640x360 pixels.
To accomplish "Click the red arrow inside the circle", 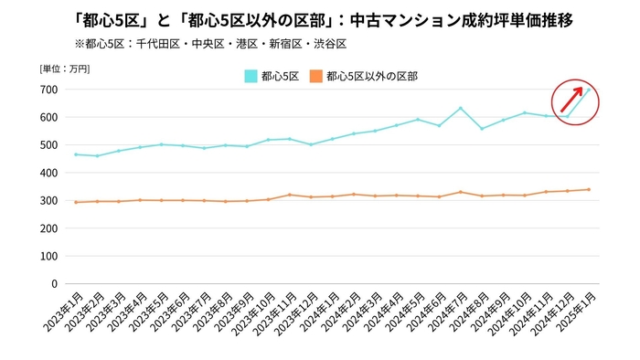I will click(x=571, y=99).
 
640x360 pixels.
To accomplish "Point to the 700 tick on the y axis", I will click(x=48, y=89).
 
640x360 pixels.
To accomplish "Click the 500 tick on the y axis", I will click(x=48, y=144).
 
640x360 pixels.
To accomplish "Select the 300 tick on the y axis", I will click(x=48, y=200).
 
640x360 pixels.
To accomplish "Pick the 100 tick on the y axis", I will click(x=48, y=256).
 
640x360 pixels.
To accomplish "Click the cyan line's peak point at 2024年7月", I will click(x=461, y=108).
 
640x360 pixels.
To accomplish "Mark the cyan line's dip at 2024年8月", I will click(x=482, y=128).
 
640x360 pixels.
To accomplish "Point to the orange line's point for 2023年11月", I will click(x=289, y=195).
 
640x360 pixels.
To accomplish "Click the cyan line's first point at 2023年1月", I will click(x=75, y=154).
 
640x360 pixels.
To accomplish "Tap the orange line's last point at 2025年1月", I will click(x=589, y=189).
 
